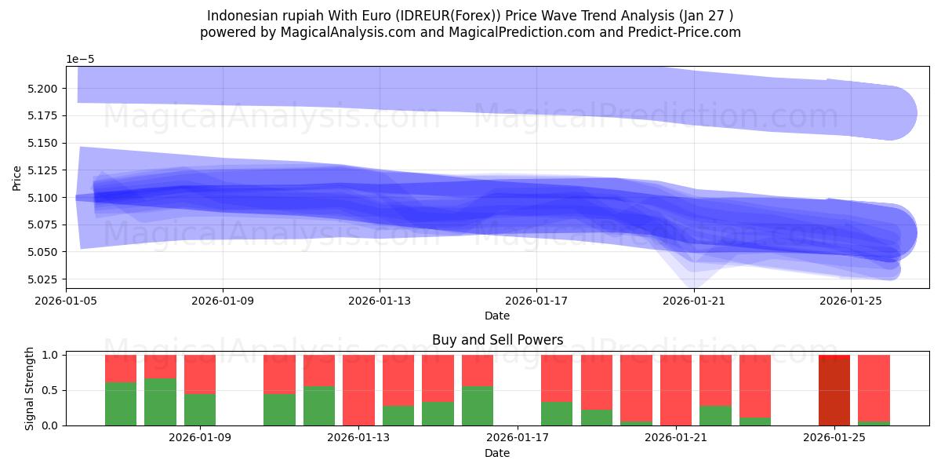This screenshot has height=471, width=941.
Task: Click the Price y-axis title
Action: [16, 177]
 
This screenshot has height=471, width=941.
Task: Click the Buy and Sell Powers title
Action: [497, 340]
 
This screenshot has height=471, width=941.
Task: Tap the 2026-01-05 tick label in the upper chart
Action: [66, 300]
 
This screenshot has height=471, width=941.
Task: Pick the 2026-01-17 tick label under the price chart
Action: [536, 300]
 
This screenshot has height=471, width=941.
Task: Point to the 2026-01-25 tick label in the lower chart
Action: [834, 437]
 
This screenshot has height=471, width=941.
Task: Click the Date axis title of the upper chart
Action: [497, 316]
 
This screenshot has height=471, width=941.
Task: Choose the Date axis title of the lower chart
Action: [497, 453]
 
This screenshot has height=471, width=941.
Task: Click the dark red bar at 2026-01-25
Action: [834, 390]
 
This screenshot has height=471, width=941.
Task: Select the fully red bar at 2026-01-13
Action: [358, 390]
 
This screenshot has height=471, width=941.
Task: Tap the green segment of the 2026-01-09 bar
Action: [200, 409]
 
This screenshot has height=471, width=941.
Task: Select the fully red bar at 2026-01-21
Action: [676, 390]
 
